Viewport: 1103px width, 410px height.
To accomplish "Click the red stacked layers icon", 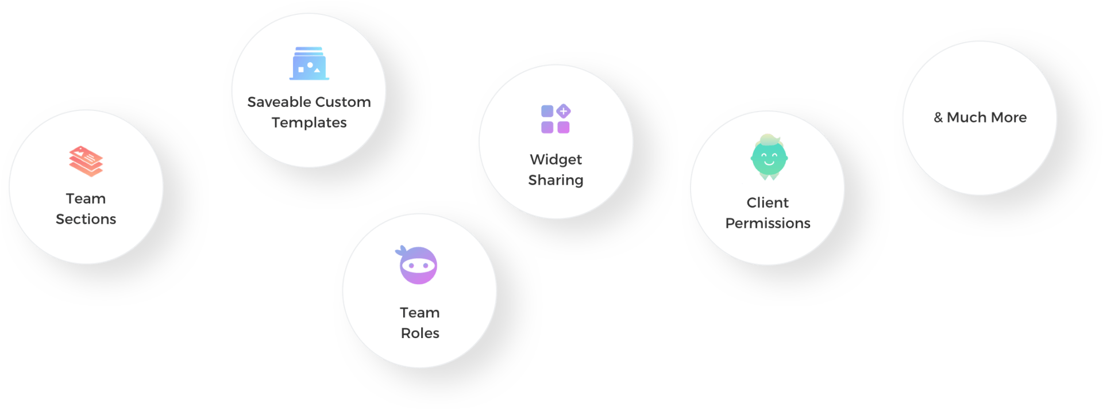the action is tap(86, 161).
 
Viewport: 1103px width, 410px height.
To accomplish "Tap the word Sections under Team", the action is tap(86, 219).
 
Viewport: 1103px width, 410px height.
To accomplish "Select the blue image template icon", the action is tap(309, 63).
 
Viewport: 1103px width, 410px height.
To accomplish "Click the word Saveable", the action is tap(279, 102).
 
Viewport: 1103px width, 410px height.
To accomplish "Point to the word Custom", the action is tap(343, 102).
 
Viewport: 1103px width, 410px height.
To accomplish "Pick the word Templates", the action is tap(309, 123).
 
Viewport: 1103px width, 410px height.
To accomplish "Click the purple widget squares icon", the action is tap(556, 118).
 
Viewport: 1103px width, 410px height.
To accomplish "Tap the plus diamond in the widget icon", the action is tap(564, 111).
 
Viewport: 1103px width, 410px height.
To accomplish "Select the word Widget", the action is tap(556, 159).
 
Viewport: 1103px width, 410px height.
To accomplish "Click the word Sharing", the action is tap(556, 181).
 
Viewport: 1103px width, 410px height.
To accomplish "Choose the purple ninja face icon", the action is tap(417, 265).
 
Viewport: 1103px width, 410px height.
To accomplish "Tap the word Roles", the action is tap(420, 333).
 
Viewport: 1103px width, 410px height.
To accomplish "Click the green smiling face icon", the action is tap(769, 157).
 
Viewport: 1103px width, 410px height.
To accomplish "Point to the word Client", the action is tap(768, 202).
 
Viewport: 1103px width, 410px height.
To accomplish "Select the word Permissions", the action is tap(768, 223).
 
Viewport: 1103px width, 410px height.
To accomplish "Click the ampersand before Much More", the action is tap(938, 117).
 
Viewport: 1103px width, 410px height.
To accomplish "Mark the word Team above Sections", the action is tap(86, 198).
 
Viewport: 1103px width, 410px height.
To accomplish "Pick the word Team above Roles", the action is tap(420, 312).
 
